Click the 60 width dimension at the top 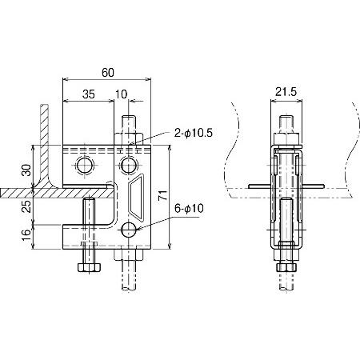[108, 72]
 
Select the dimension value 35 [88, 94]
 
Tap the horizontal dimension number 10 [120, 94]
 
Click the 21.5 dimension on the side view [286, 94]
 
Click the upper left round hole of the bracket [85, 166]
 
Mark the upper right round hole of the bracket [128, 166]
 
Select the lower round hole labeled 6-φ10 [128, 230]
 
